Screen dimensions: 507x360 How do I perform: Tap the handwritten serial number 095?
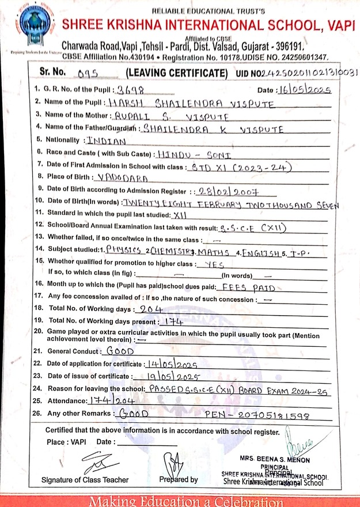[89, 74]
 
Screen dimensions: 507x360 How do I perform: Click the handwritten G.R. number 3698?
[131, 90]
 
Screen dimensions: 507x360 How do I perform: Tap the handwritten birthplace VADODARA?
[123, 178]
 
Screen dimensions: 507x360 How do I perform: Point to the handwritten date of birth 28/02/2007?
[226, 191]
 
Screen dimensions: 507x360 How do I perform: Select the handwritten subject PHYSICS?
[125, 251]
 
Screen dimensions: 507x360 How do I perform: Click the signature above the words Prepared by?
[173, 463]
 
